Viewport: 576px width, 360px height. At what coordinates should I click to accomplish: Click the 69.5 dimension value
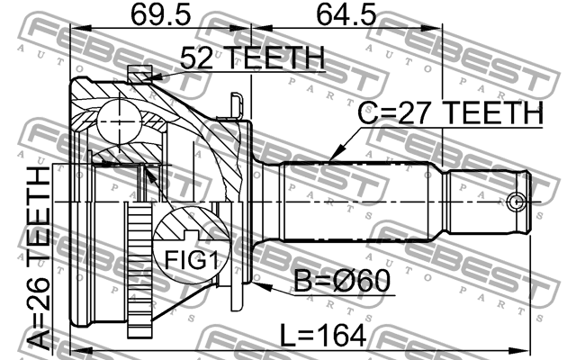click(160, 15)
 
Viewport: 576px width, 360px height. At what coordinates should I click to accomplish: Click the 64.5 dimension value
click(346, 15)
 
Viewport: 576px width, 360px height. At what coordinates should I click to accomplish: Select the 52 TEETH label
click(253, 58)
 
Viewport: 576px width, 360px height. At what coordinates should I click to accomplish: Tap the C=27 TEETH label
click(450, 112)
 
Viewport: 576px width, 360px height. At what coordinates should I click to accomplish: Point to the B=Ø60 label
click(342, 281)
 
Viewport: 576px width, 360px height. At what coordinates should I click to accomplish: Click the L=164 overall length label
click(323, 335)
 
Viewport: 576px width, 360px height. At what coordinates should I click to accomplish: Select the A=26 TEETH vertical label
click(39, 257)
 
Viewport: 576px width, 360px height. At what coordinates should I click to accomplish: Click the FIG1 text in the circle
click(192, 260)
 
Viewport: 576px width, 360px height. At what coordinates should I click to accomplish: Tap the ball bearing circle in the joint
click(120, 122)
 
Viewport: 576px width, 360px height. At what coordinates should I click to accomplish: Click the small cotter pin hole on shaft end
click(516, 202)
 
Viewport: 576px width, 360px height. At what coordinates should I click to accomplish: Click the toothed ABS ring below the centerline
click(139, 270)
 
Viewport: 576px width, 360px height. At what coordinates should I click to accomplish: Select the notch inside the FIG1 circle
click(191, 234)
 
